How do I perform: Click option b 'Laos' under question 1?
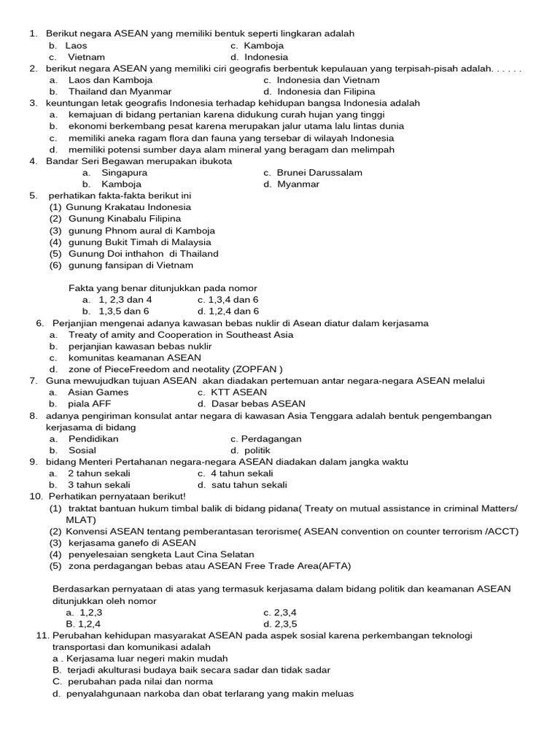pos(76,45)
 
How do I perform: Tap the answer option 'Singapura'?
pos(124,173)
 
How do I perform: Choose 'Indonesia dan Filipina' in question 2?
pos(326,92)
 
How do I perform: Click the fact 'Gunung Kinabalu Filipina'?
pos(125,219)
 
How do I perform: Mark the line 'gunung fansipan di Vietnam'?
pos(131,266)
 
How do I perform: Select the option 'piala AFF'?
pos(90,404)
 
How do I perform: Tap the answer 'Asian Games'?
pos(98,392)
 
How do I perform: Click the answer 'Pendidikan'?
pos(93,439)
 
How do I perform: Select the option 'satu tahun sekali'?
pos(249,485)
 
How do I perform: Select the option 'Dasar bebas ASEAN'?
pos(258,404)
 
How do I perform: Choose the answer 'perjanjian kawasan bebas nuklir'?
pos(140,347)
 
